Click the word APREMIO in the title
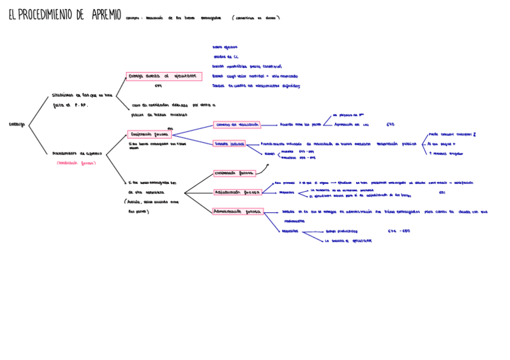[x=106, y=15]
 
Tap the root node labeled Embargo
[x=17, y=125]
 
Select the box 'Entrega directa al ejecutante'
[x=164, y=76]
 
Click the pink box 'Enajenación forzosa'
[x=150, y=135]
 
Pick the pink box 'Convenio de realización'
[x=237, y=125]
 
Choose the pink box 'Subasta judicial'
[x=229, y=144]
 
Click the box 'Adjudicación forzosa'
[x=237, y=192]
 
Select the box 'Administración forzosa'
[x=238, y=212]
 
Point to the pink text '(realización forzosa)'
[x=76, y=163]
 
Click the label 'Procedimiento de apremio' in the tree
[x=77, y=153]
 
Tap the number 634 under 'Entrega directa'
[x=158, y=86]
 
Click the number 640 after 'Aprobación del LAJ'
[x=390, y=125]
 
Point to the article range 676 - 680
[x=399, y=231]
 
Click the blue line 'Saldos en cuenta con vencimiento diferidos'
[x=256, y=86]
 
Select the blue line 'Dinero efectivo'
[x=225, y=47]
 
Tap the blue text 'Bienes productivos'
[x=341, y=231]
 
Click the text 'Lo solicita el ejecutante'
[x=348, y=240]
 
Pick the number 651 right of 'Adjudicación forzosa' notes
[x=442, y=193]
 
